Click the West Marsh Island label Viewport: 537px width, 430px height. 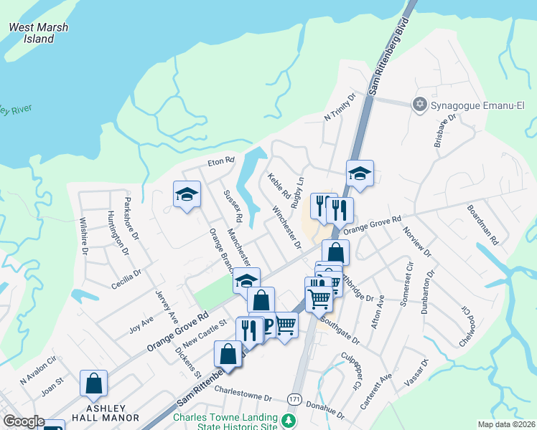click(39, 33)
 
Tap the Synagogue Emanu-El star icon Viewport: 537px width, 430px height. click(420, 105)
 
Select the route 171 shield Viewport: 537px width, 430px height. click(295, 398)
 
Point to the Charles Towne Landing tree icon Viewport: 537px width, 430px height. click(289, 420)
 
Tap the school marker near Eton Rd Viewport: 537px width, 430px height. click(187, 193)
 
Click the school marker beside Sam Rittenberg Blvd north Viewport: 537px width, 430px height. click(360, 172)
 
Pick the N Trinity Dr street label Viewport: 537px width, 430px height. click(340, 107)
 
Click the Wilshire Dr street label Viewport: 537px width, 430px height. click(84, 236)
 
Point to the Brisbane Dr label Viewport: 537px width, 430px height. click(445, 130)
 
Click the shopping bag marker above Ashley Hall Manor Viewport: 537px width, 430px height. click(94, 383)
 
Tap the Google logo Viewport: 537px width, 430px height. click(24, 421)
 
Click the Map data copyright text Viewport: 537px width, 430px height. click(505, 424)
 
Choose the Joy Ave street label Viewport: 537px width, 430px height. click(141, 325)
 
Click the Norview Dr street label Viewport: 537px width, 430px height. click(417, 242)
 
